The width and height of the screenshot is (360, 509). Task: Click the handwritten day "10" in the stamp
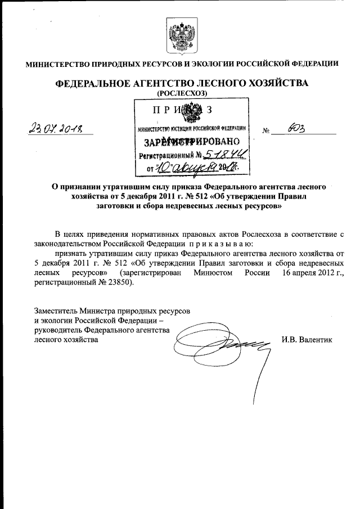163,167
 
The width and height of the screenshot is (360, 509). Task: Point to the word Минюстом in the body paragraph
211,273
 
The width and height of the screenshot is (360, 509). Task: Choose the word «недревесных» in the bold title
196,206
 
